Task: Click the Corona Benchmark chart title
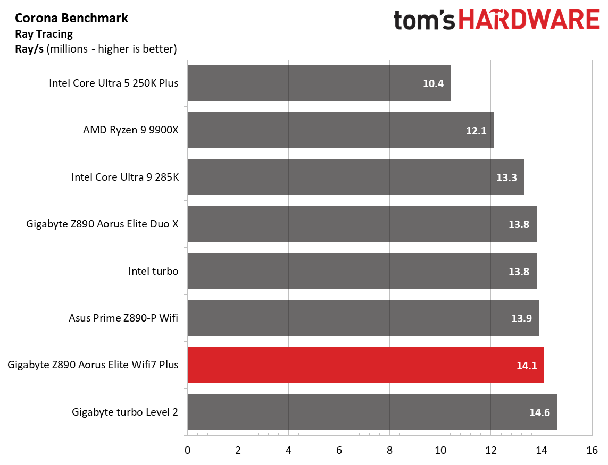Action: click(x=71, y=18)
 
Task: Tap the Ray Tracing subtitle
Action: click(x=44, y=34)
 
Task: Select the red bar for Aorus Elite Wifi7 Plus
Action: click(x=365, y=365)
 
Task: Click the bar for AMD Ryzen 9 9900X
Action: click(x=340, y=130)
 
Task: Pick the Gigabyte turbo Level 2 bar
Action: click(x=372, y=412)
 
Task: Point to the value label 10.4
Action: click(x=433, y=83)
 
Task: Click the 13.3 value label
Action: click(x=506, y=177)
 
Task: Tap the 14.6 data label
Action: click(x=539, y=412)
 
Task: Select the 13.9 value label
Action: click(x=521, y=318)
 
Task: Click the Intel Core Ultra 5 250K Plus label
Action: click(x=114, y=83)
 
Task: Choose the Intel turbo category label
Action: click(x=153, y=271)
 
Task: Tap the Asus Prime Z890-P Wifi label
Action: click(x=123, y=318)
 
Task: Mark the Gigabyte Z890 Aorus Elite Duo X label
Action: click(x=102, y=224)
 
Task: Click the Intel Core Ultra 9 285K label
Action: click(x=125, y=177)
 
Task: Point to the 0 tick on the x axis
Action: click(x=188, y=450)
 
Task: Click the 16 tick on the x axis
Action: click(x=592, y=450)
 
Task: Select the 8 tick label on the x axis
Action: click(x=390, y=450)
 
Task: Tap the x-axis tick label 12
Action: click(x=491, y=450)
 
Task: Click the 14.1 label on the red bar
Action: click(x=527, y=366)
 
